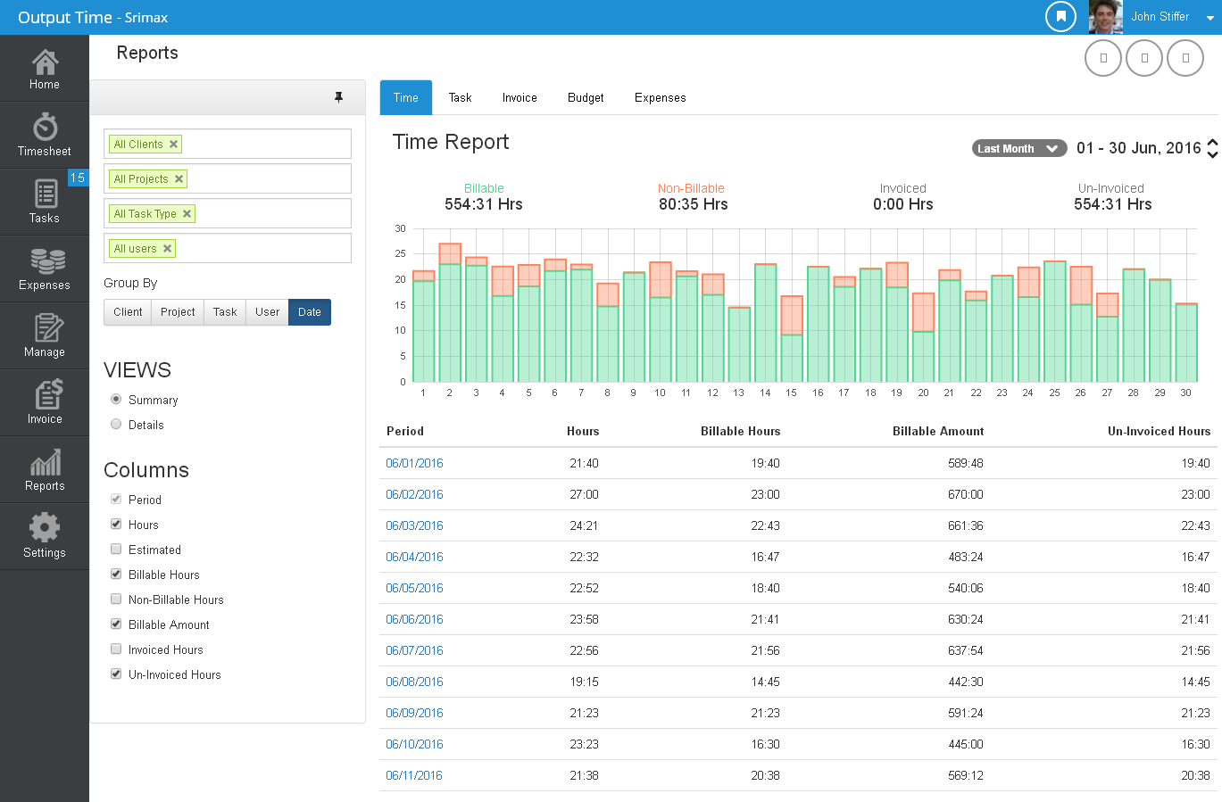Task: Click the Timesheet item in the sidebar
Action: click(x=45, y=135)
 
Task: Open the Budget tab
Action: click(x=586, y=98)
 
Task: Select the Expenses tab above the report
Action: click(x=660, y=98)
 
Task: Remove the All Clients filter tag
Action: click(x=174, y=145)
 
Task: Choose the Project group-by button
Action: click(x=178, y=312)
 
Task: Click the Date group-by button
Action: click(x=310, y=312)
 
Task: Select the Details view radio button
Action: click(x=116, y=425)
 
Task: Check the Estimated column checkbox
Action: click(x=116, y=550)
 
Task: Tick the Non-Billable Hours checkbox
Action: click(x=116, y=599)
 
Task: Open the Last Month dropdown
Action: click(x=1018, y=149)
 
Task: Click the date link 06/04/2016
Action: click(x=414, y=557)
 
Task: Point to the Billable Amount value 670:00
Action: click(x=965, y=494)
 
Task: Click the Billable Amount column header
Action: click(x=937, y=431)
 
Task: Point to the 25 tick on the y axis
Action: click(x=401, y=254)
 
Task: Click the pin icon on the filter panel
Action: click(x=338, y=97)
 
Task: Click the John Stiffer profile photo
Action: click(x=1105, y=17)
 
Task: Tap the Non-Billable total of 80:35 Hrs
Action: click(x=693, y=204)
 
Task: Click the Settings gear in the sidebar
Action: click(x=45, y=536)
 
